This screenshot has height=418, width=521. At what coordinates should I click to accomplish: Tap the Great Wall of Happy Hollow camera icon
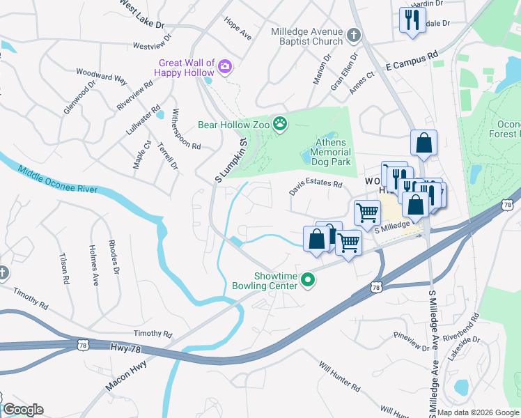pos(225,67)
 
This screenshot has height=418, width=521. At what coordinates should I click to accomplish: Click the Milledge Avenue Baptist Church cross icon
pos(353,35)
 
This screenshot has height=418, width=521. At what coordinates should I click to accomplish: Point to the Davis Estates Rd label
pos(316,185)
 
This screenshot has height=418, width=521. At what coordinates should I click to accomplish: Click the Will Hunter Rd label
pos(339,376)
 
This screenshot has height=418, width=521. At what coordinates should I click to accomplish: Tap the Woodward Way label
pos(102,75)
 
